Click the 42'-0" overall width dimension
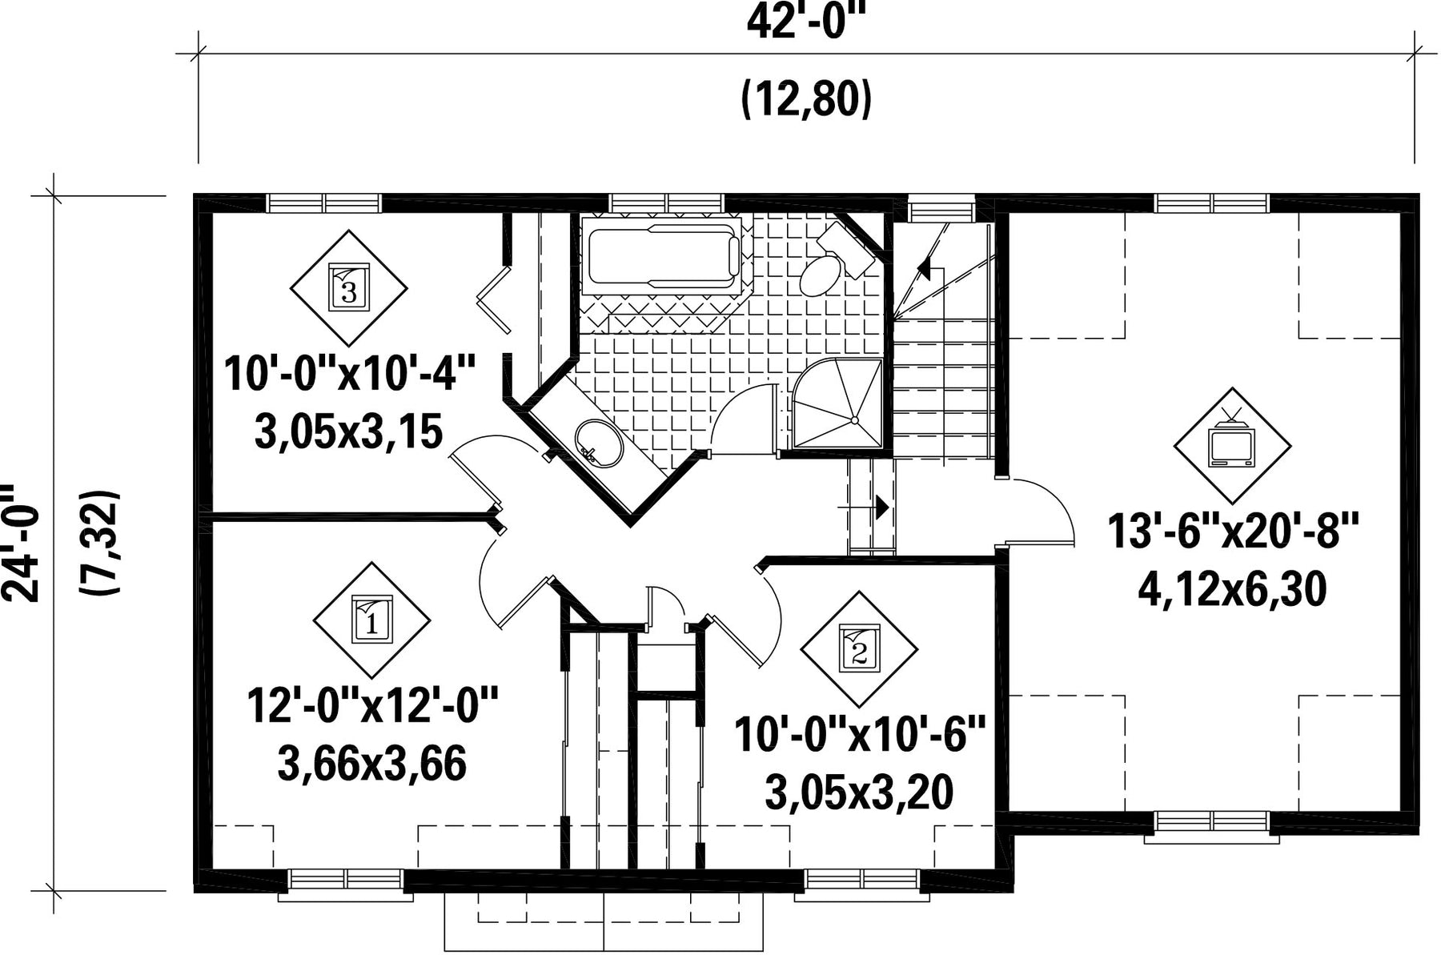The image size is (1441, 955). [x=806, y=22]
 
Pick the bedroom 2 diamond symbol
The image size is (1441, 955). [x=860, y=649]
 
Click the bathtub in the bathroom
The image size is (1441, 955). [x=664, y=254]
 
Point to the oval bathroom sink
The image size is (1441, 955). [x=598, y=443]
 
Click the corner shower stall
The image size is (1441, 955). [x=838, y=403]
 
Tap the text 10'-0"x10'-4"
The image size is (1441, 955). [x=350, y=374]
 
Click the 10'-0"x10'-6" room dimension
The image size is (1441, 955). [x=859, y=735]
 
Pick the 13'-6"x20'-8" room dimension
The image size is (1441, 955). [x=1234, y=531]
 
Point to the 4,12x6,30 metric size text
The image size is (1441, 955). [x=1232, y=590]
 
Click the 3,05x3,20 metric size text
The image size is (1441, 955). [x=859, y=792]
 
